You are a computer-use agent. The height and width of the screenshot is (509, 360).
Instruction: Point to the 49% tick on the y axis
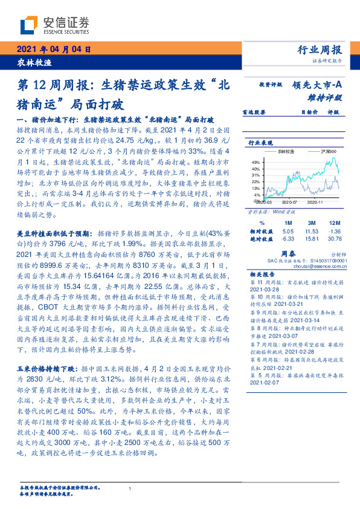[x=256, y=163]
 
